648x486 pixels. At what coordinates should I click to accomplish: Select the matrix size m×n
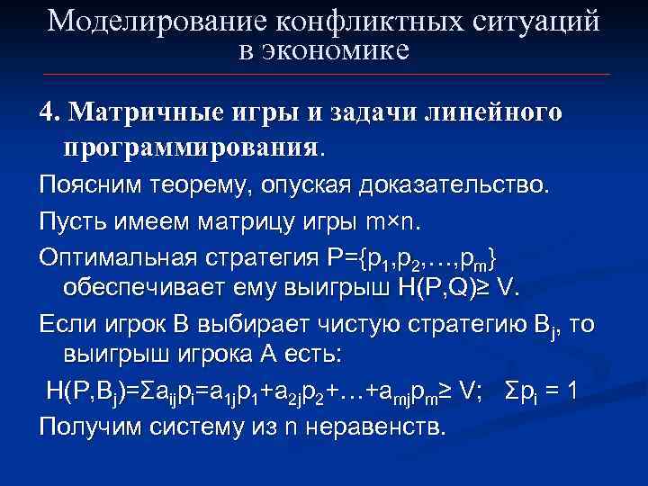coord(397,221)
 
